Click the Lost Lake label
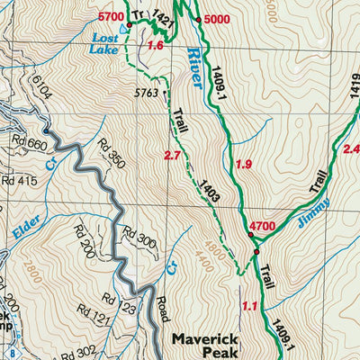[x=109, y=45]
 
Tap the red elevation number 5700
[x=111, y=17]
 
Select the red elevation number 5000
[x=218, y=20]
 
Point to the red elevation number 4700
[x=264, y=226]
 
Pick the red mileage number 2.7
[x=174, y=157]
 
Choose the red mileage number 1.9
[x=243, y=164]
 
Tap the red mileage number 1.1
[x=250, y=307]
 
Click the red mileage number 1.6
[x=156, y=46]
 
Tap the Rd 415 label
[x=19, y=182]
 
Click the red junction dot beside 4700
[x=251, y=236]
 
